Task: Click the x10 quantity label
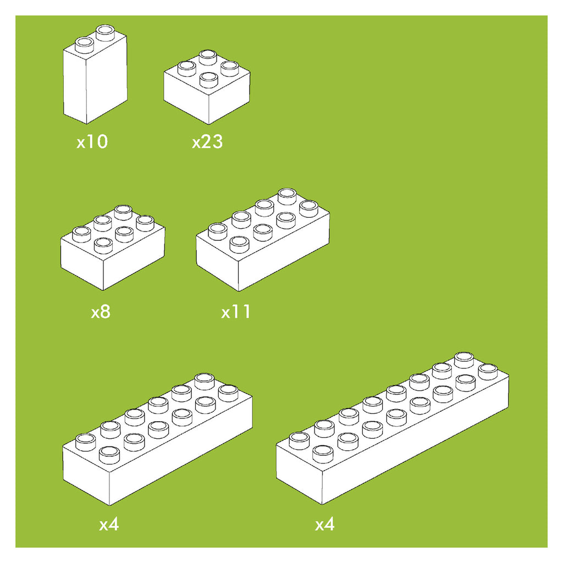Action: (x=92, y=141)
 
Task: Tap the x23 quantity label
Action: (x=207, y=141)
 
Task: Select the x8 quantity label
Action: (x=101, y=312)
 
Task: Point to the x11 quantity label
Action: (x=235, y=312)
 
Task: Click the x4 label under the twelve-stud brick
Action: (x=109, y=525)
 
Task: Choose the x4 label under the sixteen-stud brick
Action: (x=324, y=525)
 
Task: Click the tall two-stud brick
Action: (x=95, y=75)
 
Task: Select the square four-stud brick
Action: (x=207, y=87)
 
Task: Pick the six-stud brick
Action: (x=113, y=248)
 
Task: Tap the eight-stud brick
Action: (x=263, y=240)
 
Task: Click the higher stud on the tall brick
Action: (x=106, y=32)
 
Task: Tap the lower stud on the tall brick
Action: (x=84, y=45)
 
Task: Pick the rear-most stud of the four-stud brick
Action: (x=208, y=58)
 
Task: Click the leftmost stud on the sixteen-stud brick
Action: (x=300, y=441)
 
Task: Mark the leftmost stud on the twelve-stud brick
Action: (x=86, y=442)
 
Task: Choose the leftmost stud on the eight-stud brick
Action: (x=218, y=231)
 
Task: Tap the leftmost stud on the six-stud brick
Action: (x=82, y=234)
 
